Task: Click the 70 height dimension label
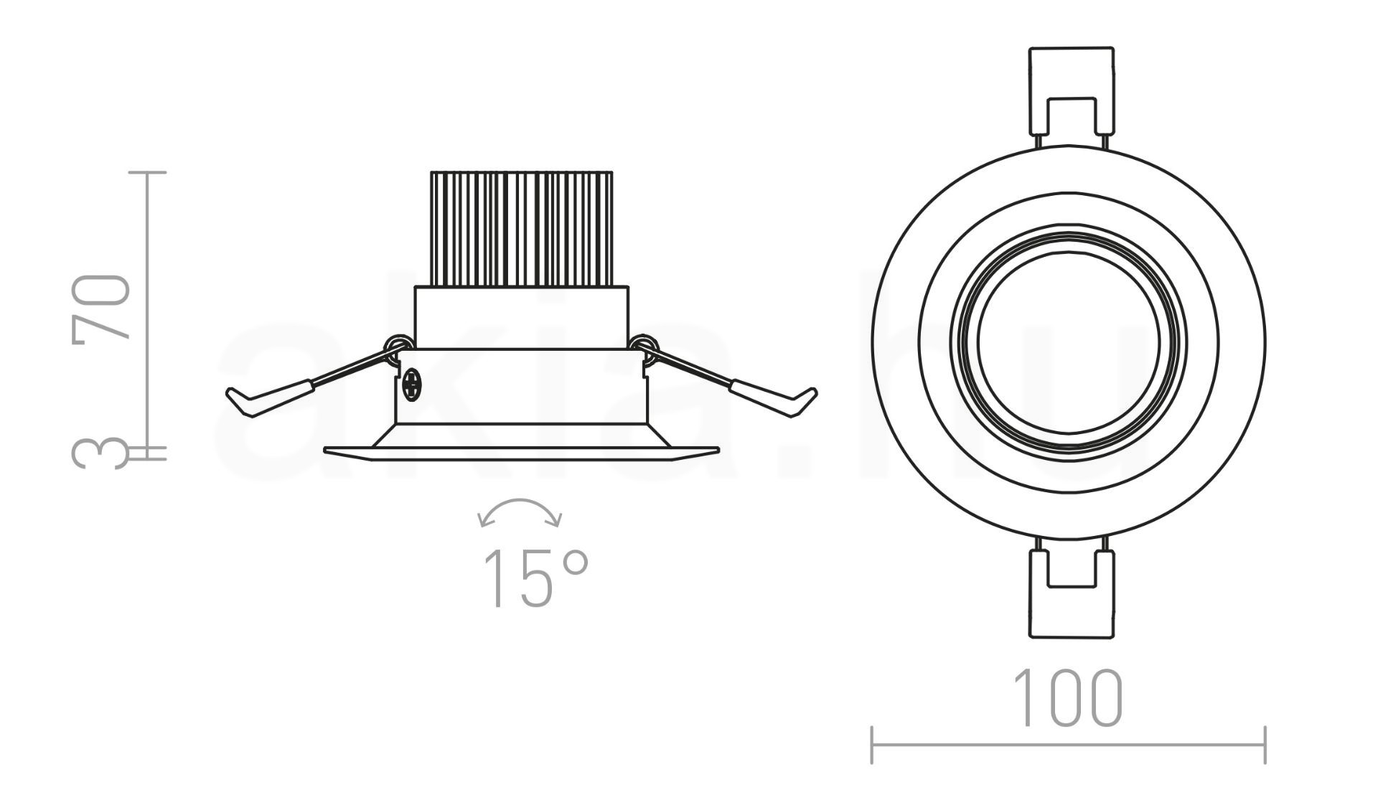point(101,306)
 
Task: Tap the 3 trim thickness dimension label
point(101,453)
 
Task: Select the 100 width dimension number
point(1067,698)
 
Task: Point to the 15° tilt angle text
point(535,579)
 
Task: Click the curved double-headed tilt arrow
point(520,508)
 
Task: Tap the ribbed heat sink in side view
point(521,229)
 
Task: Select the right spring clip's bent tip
point(801,402)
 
